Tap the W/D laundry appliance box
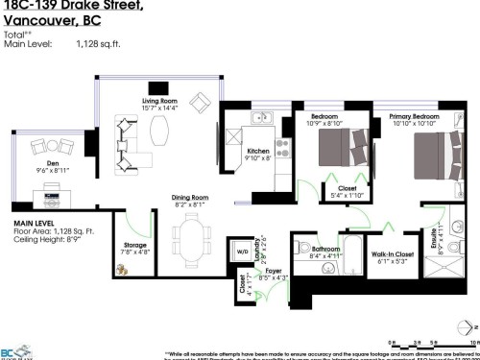tap(242, 253)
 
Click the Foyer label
tap(274, 273)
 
